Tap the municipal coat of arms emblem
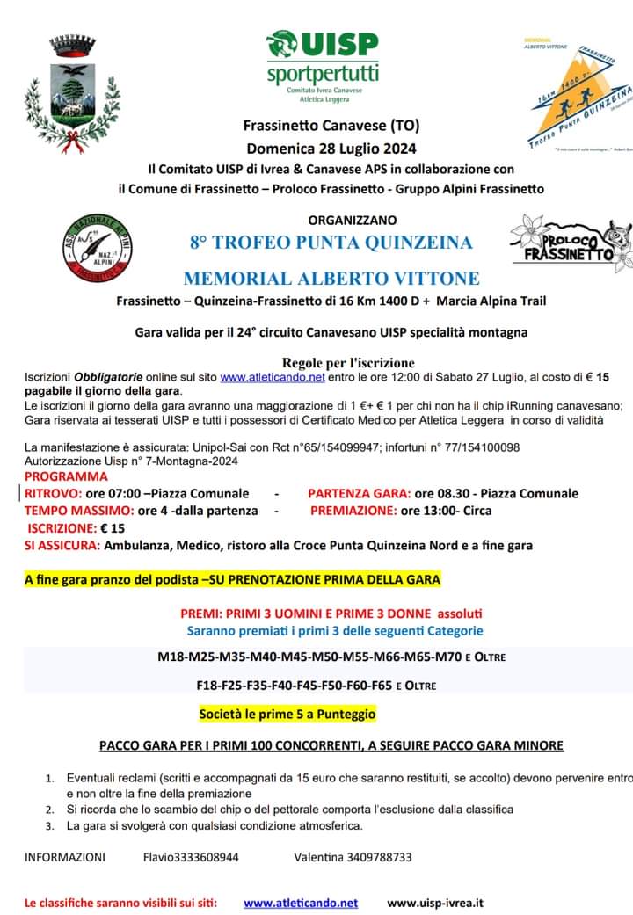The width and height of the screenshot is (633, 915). tap(71, 94)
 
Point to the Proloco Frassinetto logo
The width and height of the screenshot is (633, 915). tap(571, 243)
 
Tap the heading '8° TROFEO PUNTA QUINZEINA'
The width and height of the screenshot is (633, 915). tap(331, 242)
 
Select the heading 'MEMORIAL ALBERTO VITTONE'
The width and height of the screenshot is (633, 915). tap(331, 279)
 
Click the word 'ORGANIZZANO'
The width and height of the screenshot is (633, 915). tap(353, 220)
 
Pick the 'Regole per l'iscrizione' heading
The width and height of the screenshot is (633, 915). tap(348, 362)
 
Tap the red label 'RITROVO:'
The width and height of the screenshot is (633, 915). tap(53, 493)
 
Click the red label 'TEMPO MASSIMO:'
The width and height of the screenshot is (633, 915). tap(78, 510)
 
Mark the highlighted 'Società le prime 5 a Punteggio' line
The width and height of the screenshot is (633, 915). tap(287, 714)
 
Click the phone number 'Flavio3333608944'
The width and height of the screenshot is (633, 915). tap(191, 857)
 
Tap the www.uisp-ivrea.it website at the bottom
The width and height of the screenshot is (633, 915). tap(434, 903)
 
